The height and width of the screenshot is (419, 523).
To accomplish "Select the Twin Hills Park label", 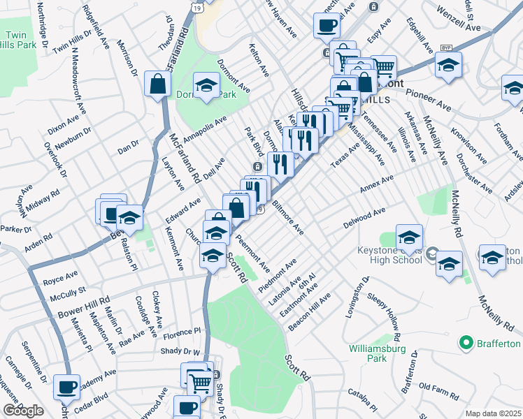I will pos(20,41).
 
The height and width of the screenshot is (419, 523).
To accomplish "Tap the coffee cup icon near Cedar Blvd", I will pos(68,388).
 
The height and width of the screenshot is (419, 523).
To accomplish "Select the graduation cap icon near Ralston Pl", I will pos(129,220).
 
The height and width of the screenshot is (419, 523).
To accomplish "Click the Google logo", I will pos(23,411).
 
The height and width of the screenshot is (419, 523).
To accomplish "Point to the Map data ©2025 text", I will pos(493,413).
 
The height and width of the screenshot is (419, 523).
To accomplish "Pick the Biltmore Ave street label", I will pos(288,218).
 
